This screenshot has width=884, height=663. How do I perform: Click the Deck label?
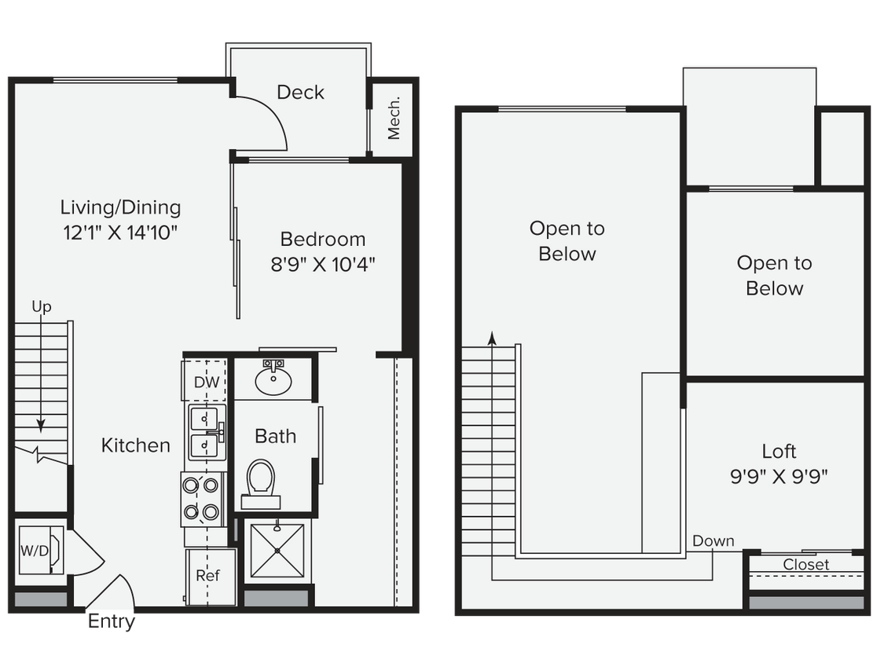(300, 93)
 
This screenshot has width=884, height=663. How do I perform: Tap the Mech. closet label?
(394, 118)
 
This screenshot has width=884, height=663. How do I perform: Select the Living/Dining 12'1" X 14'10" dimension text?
(120, 233)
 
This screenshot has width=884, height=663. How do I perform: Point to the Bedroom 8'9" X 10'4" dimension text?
(323, 264)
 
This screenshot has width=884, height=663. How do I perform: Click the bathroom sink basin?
(273, 383)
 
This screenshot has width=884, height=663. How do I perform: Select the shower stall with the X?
(277, 550)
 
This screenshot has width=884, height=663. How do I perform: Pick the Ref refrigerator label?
(207, 575)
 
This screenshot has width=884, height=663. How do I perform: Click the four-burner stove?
(200, 499)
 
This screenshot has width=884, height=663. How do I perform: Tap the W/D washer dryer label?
(33, 550)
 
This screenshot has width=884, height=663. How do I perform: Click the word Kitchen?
(136, 445)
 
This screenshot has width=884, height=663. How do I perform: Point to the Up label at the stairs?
(42, 306)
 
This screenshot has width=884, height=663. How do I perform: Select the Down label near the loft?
(713, 541)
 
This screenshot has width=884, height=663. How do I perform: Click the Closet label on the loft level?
(805, 565)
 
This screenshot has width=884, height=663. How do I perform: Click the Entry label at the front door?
(112, 622)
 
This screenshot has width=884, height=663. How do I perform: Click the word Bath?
(276, 436)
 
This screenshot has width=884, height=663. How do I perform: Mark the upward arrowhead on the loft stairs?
(492, 338)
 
